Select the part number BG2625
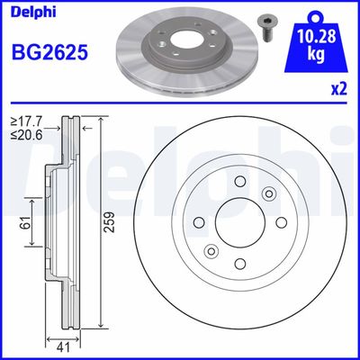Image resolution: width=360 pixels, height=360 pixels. click(49, 50)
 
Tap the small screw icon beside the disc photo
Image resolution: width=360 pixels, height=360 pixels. click(268, 23)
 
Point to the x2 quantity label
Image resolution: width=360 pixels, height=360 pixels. click(340, 88)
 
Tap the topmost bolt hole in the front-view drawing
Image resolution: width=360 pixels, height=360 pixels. click(239, 181)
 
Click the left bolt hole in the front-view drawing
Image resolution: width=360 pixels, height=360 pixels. click(198, 222)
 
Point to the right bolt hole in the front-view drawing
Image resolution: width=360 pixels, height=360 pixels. click(281, 222)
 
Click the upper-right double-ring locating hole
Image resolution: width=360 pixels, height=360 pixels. click(267, 193)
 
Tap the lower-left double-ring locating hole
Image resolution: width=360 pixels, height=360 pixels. click(211, 250)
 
